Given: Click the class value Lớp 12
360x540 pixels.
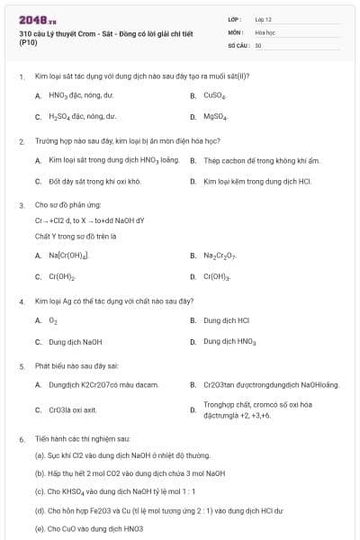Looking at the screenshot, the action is click(x=263, y=19).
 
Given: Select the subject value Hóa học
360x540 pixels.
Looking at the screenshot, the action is click(x=264, y=31).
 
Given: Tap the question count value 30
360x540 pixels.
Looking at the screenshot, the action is click(x=258, y=44).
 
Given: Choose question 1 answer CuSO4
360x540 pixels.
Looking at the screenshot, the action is click(x=214, y=94).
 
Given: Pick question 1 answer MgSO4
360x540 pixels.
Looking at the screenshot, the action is click(x=215, y=117).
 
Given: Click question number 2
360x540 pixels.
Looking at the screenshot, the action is click(x=22, y=142).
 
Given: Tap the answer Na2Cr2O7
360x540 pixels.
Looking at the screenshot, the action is click(x=220, y=255).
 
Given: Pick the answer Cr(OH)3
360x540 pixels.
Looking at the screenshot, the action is click(x=217, y=277).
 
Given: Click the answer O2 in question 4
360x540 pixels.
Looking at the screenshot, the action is click(x=53, y=319).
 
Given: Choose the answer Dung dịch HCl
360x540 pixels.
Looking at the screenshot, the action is click(x=226, y=319).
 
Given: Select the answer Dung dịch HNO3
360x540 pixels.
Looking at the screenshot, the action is click(x=229, y=342).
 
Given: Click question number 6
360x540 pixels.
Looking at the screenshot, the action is click(x=22, y=439).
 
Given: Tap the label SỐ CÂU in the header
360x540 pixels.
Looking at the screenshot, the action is click(x=238, y=44).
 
